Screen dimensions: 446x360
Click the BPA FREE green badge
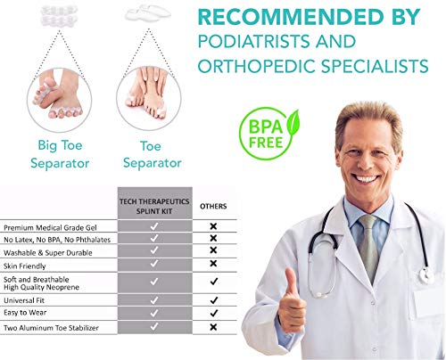pos(269,133)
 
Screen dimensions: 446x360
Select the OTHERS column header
pos(213,206)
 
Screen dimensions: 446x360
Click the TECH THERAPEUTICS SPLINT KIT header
pos(154,206)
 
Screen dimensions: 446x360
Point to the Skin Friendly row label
pos(25,266)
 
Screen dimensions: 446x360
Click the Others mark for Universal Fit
pos(213,300)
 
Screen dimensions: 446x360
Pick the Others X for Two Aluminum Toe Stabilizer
pos(213,327)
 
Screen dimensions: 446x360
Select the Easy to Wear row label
pos(25,313)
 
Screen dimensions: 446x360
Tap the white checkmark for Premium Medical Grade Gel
pos(154,226)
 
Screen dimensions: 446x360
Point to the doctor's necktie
pos(368,247)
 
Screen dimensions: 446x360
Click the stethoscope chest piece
pos(426,275)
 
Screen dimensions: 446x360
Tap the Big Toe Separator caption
pos(60,154)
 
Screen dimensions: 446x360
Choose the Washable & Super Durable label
pos(48,253)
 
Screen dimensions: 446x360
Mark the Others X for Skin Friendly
pos(213,264)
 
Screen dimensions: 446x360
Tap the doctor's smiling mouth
pos(366,178)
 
